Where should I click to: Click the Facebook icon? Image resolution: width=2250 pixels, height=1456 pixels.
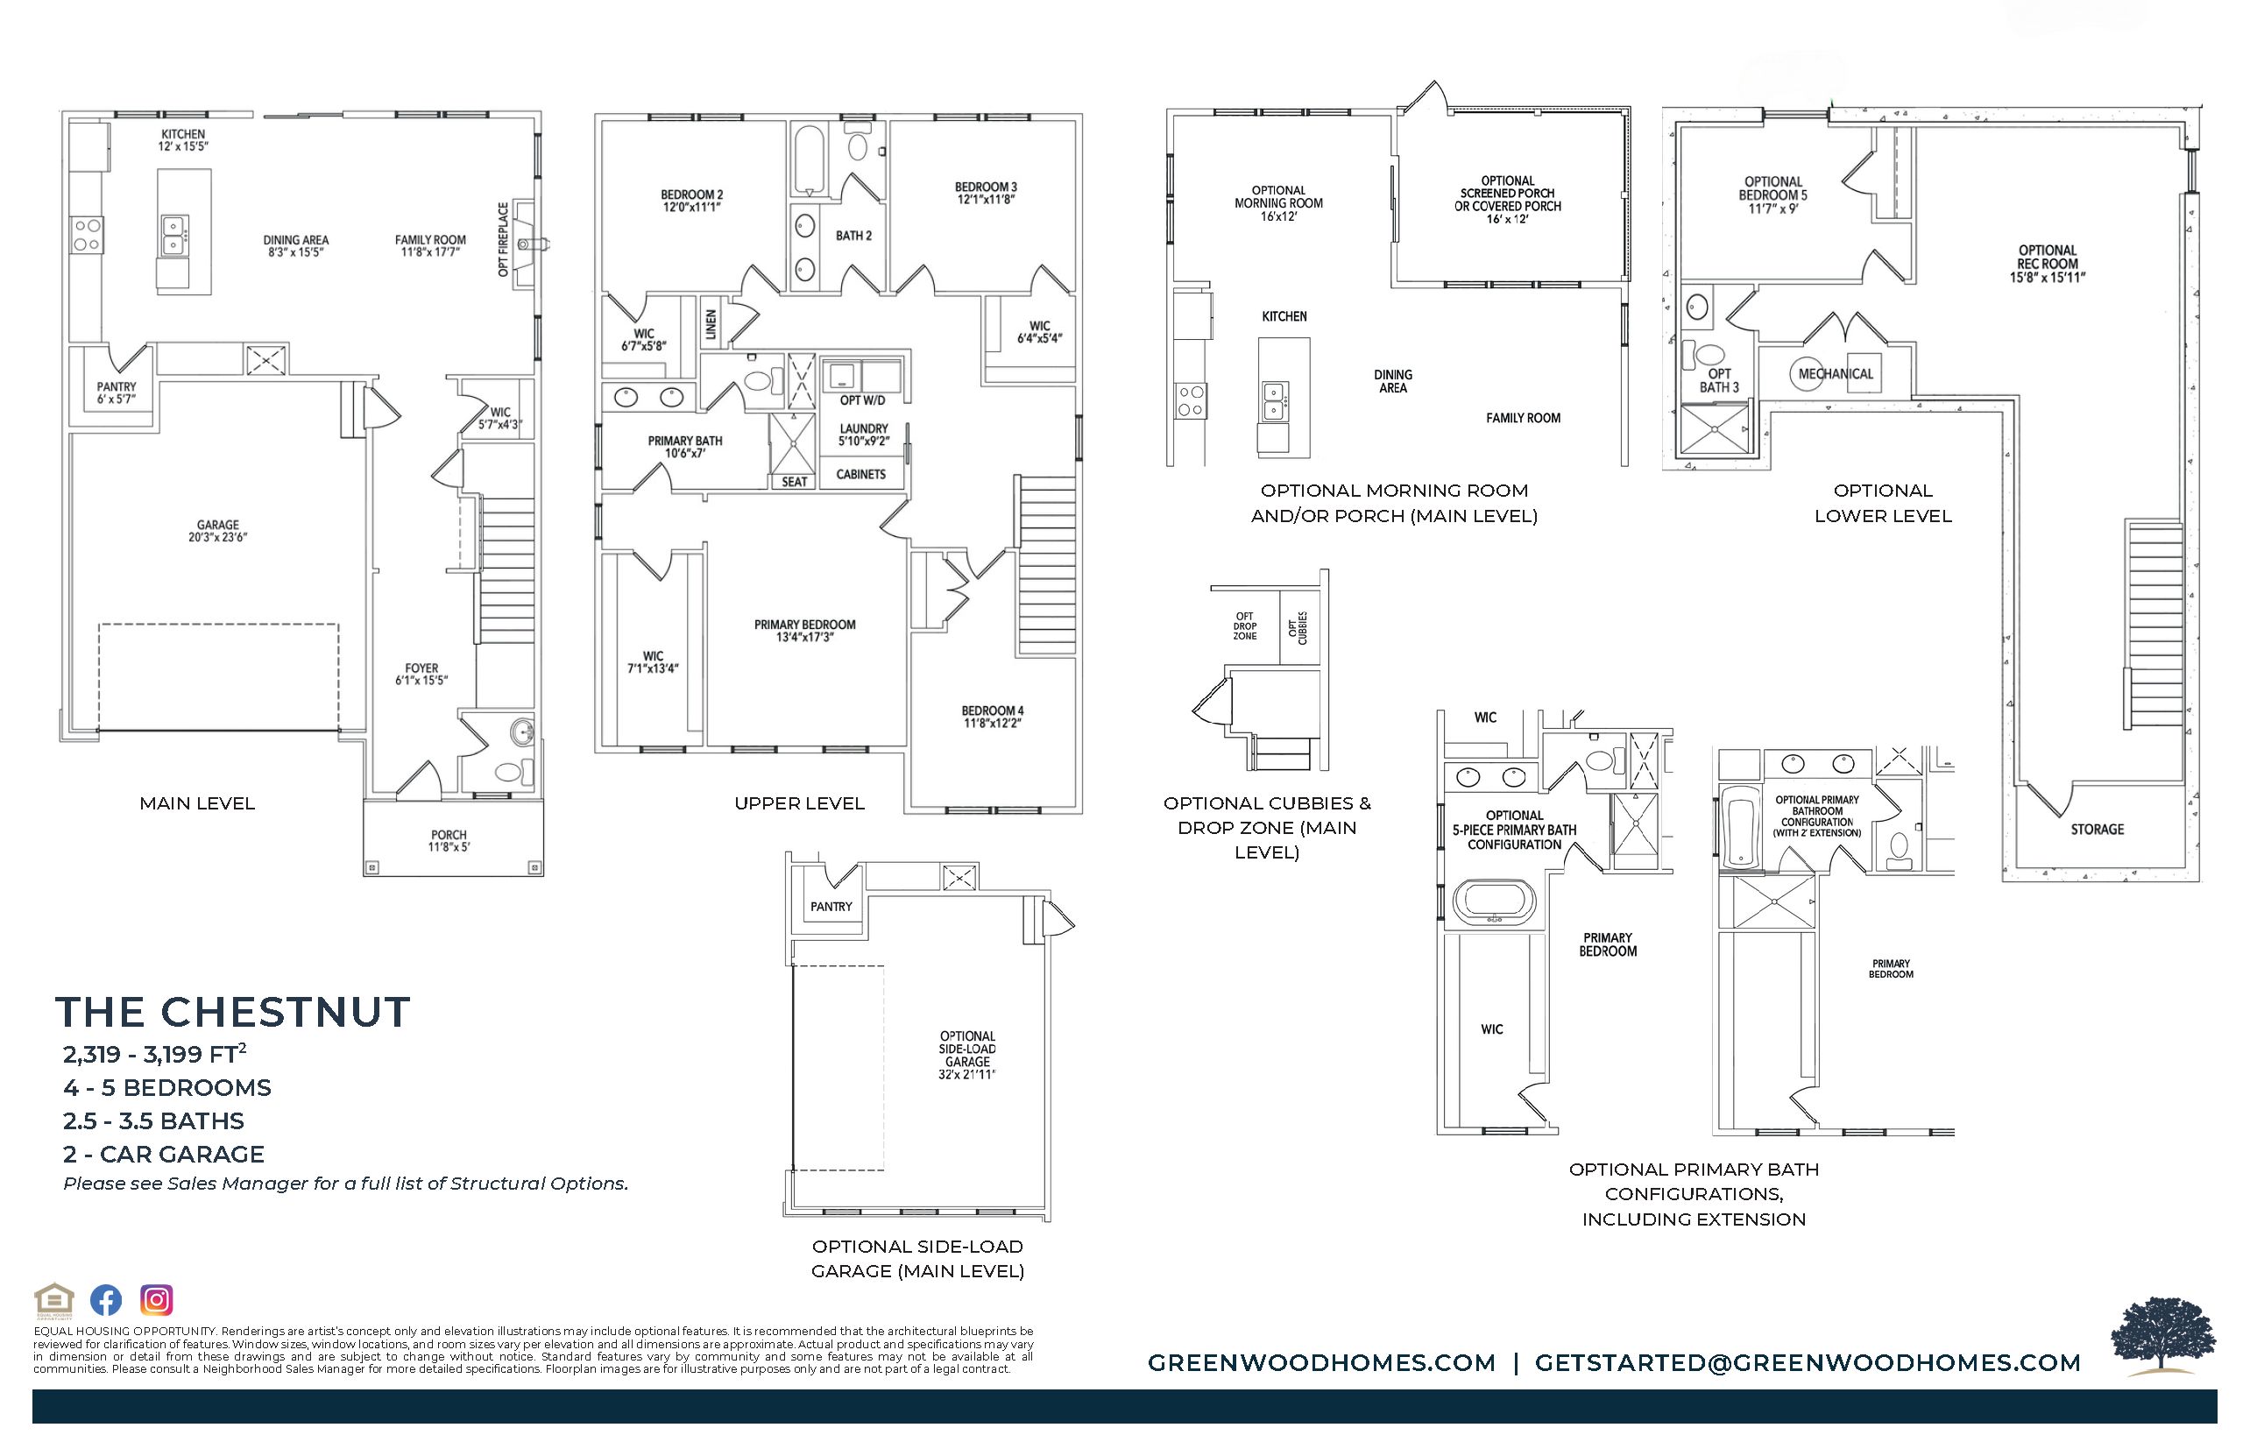106,1300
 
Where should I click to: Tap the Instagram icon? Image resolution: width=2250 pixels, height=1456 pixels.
157,1300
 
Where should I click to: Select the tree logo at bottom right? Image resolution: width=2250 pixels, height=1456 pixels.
2163,1335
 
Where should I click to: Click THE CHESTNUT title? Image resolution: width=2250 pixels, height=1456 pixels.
232,1012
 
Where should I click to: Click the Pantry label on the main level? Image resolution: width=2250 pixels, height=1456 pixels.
117,393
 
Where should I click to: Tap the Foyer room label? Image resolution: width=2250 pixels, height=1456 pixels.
421,674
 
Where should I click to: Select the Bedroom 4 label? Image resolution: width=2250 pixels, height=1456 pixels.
993,717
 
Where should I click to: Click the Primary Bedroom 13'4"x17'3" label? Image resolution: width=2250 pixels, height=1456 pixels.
804,631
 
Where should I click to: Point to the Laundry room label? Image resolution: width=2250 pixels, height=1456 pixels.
864,434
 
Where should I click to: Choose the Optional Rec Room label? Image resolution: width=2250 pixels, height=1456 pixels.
2048,264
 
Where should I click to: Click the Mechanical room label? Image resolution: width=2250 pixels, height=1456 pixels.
1836,373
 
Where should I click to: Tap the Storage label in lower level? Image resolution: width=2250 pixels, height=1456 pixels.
2098,829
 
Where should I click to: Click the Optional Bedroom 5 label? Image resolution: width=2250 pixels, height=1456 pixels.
1773,194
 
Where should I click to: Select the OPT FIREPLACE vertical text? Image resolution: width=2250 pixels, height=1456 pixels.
503,240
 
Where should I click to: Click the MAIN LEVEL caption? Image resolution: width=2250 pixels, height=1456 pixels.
198,803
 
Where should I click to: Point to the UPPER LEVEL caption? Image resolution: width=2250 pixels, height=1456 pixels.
800,803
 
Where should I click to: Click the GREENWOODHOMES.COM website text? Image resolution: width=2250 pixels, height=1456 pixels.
1321,1362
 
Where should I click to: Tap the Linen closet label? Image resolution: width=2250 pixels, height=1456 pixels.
711,325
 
